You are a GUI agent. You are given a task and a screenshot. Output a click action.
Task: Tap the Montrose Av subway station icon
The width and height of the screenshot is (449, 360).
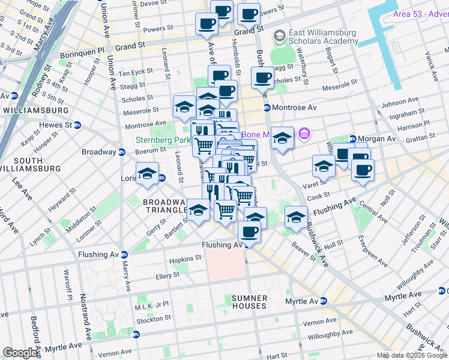click(267, 107)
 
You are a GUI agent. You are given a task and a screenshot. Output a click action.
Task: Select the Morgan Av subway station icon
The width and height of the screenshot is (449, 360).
click(352, 139)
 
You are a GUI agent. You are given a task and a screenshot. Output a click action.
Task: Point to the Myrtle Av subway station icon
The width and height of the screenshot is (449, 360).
click(324, 301)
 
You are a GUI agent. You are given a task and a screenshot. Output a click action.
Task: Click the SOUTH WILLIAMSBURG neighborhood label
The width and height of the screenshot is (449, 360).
click(29, 164)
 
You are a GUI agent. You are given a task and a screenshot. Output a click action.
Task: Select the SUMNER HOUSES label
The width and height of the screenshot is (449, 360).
click(249, 302)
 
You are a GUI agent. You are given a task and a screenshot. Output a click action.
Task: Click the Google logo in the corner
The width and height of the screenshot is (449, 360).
click(20, 353)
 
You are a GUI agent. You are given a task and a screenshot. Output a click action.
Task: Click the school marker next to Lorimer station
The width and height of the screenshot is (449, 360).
click(147, 173)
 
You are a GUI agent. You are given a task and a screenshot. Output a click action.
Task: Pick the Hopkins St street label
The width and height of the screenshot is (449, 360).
click(185, 258)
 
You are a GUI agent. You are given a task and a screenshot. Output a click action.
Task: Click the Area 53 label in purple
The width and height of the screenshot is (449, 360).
click(420, 14)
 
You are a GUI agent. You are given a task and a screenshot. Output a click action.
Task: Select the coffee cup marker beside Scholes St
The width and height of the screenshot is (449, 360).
click(262, 77)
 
